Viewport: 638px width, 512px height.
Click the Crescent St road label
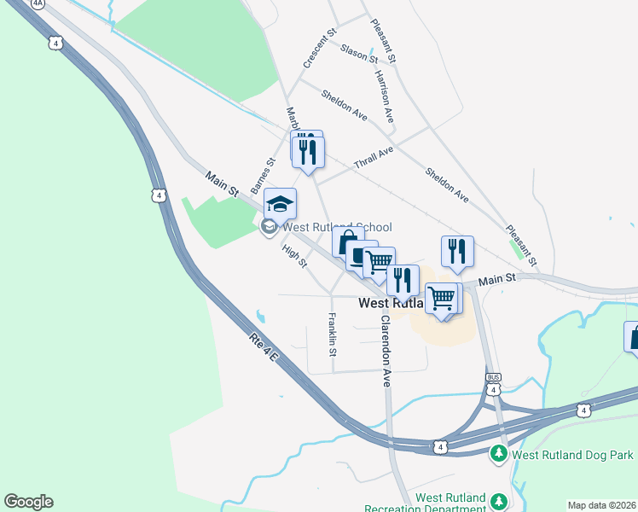[315, 50]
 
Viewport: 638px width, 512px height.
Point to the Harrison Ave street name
[383, 96]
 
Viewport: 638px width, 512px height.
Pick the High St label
[294, 255]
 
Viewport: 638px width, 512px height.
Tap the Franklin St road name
[333, 334]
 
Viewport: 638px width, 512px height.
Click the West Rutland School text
[337, 227]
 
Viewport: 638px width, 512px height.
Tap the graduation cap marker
[280, 204]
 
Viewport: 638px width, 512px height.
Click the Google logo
[28, 502]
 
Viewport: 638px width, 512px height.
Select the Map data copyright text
[601, 505]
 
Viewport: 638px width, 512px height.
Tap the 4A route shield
[38, 3]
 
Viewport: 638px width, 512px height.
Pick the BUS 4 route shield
[493, 384]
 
